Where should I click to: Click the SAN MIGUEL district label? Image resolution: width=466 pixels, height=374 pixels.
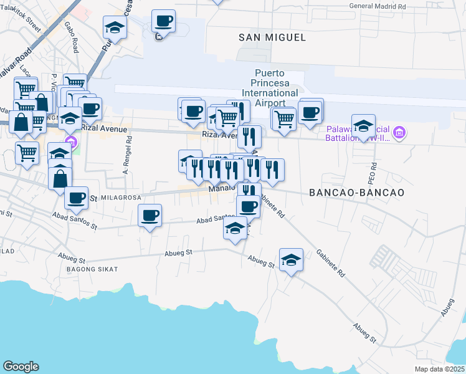tap(272, 37)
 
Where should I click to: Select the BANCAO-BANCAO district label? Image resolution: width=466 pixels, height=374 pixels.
tap(356, 193)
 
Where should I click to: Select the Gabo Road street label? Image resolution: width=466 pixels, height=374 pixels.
tap(70, 37)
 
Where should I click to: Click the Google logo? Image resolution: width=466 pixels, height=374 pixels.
tap(21, 367)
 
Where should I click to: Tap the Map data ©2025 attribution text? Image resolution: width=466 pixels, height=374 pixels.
tap(440, 369)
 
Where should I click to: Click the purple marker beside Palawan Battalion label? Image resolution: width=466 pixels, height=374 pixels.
tap(399, 132)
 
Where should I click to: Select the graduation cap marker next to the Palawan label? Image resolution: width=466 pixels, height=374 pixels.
tap(363, 127)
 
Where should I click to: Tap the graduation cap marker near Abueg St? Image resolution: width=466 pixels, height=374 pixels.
tap(291, 259)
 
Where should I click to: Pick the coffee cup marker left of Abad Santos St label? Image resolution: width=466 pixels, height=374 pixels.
tap(150, 216)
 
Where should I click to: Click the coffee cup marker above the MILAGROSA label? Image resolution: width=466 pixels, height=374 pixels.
tap(76, 198)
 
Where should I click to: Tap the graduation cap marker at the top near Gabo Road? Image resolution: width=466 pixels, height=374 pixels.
tap(115, 27)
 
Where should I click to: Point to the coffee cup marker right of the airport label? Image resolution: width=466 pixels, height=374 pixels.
tap(310, 113)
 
